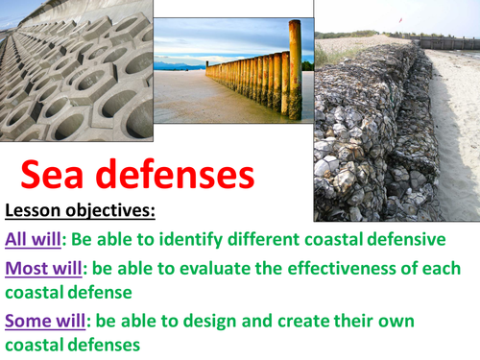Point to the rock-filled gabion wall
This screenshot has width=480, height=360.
click(x=370, y=134)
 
